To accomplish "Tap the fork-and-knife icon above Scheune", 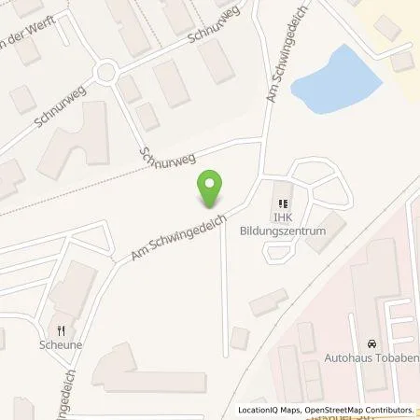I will tap(62, 329).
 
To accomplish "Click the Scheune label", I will tap(63, 343).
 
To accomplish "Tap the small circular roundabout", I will tap(105, 71).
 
